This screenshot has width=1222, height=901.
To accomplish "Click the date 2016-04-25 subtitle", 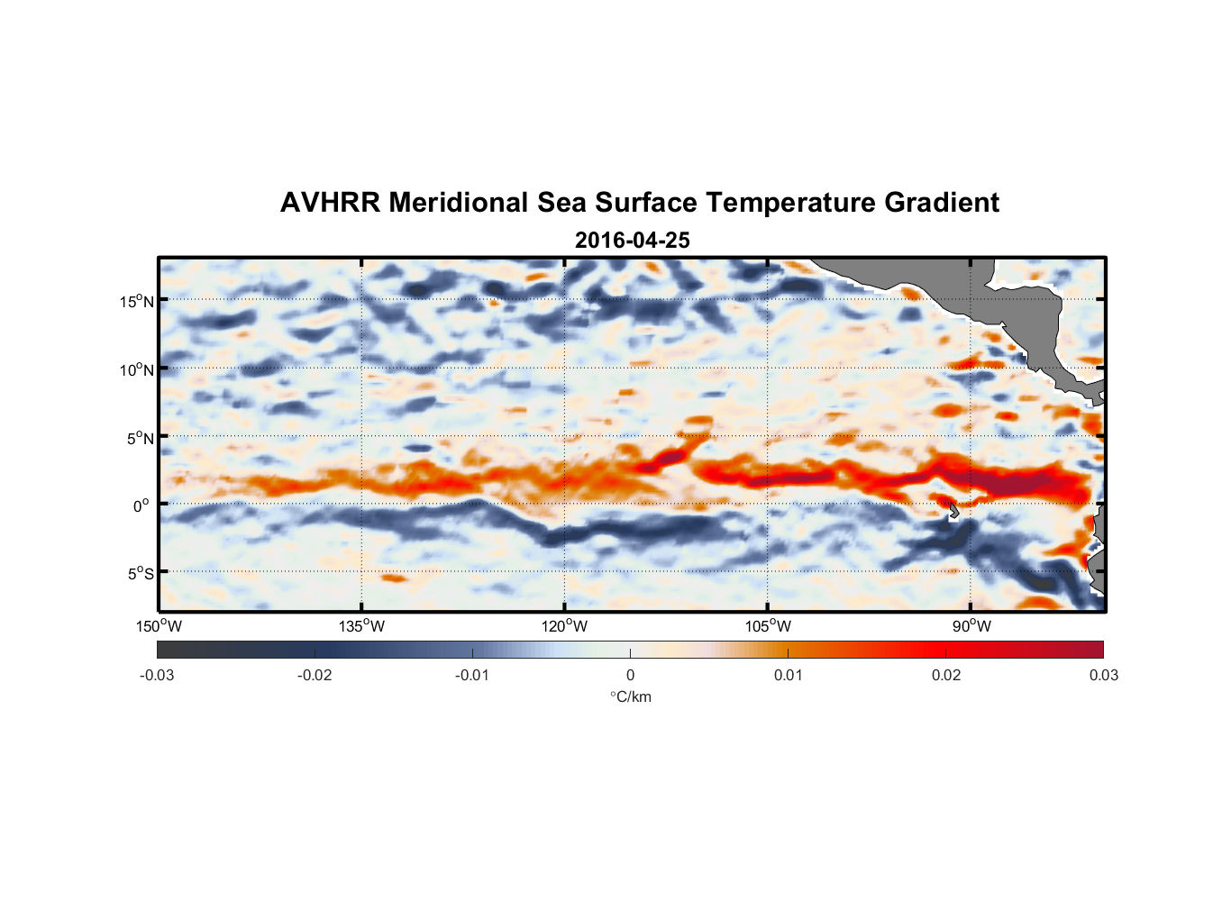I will [632, 241].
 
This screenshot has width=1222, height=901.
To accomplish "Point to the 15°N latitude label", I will [137, 301].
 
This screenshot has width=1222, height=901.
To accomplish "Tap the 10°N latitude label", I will [137, 369].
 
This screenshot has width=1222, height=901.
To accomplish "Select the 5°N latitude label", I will [140, 438].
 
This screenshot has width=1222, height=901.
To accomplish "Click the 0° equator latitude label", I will [141, 505].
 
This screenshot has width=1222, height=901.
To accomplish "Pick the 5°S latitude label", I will [140, 573].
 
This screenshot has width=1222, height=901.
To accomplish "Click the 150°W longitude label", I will [159, 626].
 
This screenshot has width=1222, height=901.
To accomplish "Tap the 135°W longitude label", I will [361, 626].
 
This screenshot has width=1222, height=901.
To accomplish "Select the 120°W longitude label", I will [564, 626].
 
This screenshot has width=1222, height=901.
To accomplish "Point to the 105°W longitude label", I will [768, 626].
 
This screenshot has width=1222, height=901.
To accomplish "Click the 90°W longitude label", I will [971, 626].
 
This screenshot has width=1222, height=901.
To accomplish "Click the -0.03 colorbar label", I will [157, 675].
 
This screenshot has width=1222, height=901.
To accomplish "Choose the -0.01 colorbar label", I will [471, 675].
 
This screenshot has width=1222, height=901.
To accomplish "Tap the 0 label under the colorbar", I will [630, 675].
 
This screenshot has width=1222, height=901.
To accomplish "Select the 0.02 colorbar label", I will [946, 675].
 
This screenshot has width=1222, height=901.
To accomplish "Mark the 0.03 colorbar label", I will [1103, 675].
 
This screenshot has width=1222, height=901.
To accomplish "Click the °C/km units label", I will [630, 696].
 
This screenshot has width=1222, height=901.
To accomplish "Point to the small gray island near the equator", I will [953, 511].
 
